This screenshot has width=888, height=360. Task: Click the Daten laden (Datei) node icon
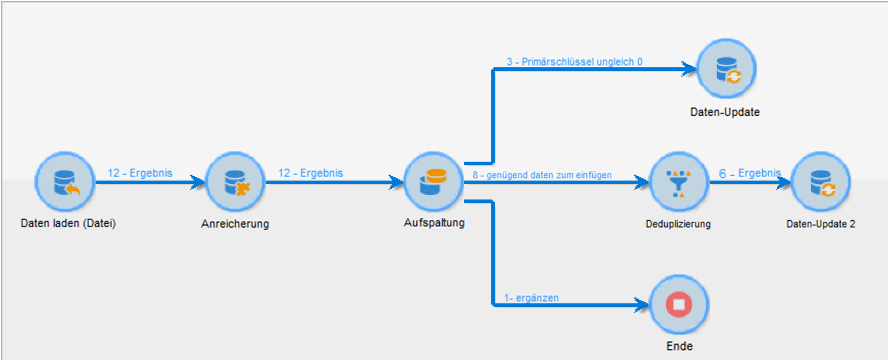click(x=65, y=182)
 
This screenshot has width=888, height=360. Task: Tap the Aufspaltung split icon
click(x=433, y=182)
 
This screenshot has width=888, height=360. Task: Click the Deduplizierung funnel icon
click(x=678, y=182)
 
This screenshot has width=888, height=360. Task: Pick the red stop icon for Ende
click(x=678, y=305)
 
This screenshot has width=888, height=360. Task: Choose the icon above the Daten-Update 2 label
click(x=821, y=182)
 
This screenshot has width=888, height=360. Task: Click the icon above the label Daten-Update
click(x=726, y=68)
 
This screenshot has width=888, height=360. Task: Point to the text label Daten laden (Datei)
click(x=68, y=224)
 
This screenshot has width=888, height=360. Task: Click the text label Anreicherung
click(x=235, y=224)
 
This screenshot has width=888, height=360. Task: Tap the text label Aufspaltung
click(x=434, y=223)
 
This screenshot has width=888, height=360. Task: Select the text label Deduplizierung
click(x=678, y=224)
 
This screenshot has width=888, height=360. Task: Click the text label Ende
click(x=679, y=346)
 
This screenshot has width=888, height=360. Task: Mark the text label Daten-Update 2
click(x=821, y=224)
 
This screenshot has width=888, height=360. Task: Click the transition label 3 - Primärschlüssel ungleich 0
click(x=574, y=61)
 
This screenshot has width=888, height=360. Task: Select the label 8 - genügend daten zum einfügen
click(x=542, y=175)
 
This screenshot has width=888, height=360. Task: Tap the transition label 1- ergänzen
click(x=531, y=298)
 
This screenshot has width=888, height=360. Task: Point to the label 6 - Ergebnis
click(x=749, y=174)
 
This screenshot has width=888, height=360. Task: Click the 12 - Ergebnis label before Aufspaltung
click(x=311, y=173)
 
